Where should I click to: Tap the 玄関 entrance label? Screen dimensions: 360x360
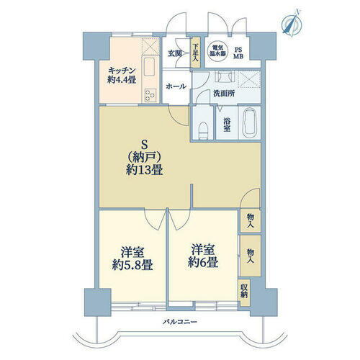click(x=176, y=53)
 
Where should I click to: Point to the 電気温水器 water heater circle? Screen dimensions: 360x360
click(x=218, y=52)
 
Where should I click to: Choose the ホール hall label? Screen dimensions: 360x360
click(x=176, y=86)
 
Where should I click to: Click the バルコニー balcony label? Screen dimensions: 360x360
click(x=178, y=321)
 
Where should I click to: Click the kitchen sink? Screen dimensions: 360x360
click(x=150, y=71)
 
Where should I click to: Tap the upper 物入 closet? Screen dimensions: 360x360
click(x=249, y=220)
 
